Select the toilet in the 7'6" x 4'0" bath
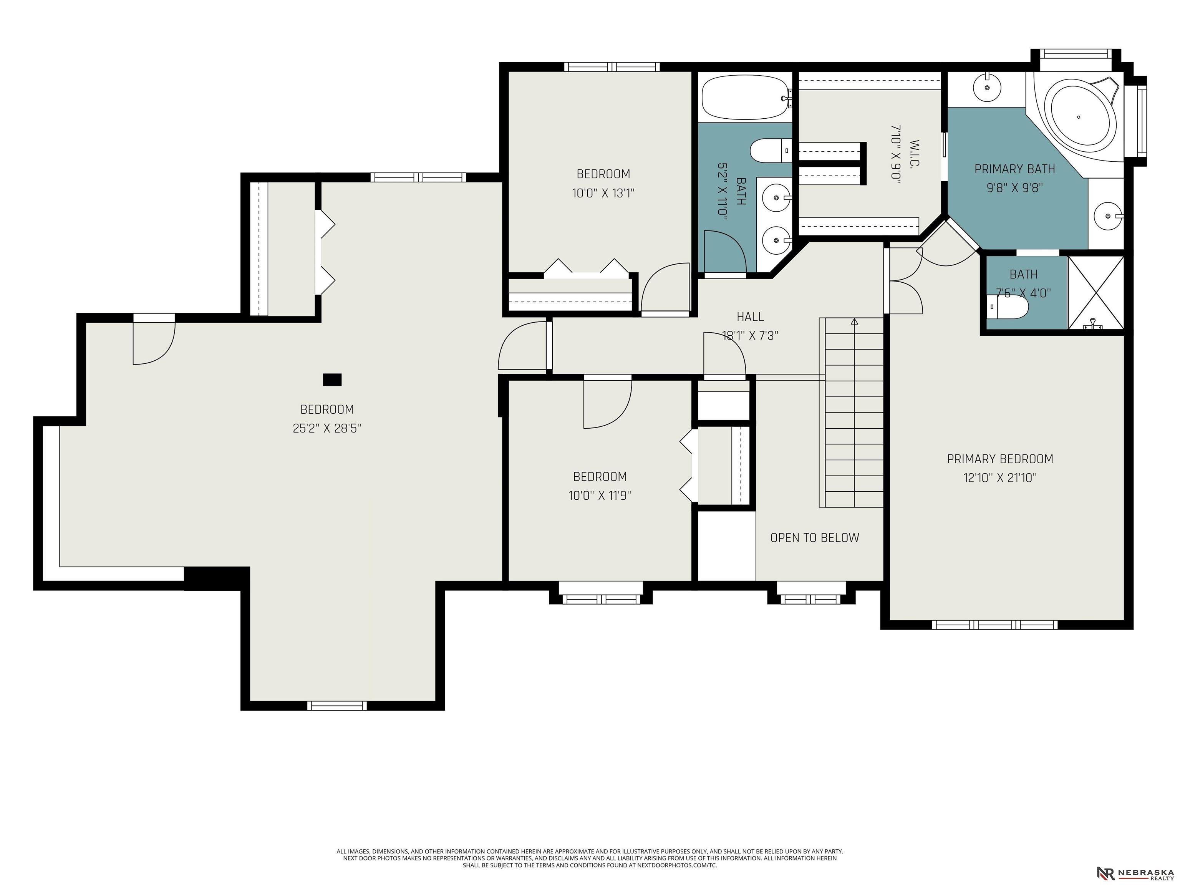1007,307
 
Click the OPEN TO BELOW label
815,538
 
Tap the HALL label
750,317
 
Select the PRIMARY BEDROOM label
1000,459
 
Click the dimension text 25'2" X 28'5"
327,428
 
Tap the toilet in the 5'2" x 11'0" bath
771,151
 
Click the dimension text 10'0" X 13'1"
603,193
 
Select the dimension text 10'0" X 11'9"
600,496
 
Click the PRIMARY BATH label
1014,169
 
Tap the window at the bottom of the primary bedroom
994,625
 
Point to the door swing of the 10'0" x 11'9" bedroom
608,404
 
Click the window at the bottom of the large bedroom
337,706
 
